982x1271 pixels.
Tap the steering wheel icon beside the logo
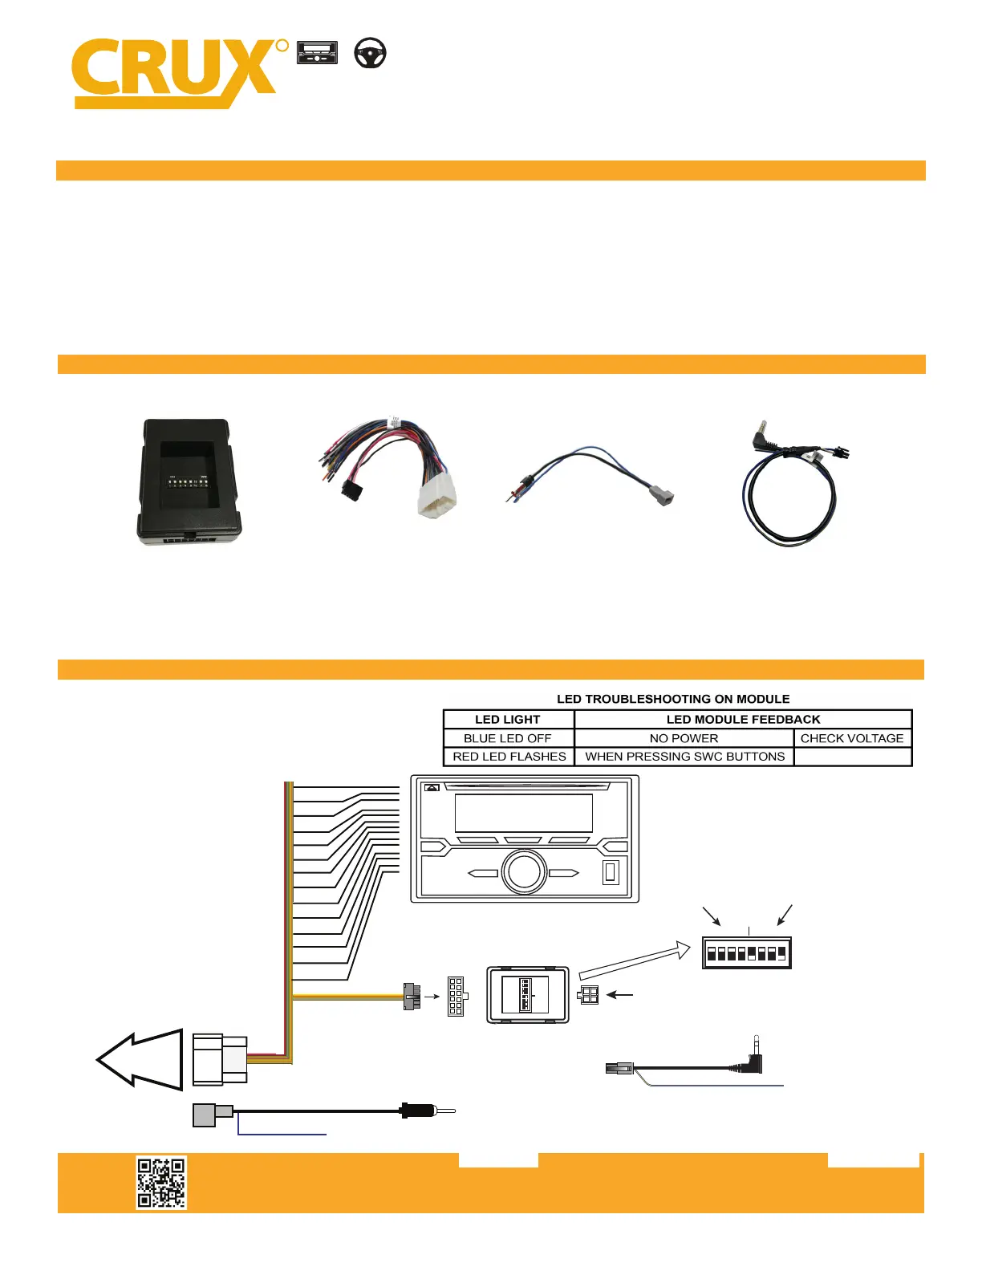[x=371, y=53]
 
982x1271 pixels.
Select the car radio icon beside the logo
[x=317, y=53]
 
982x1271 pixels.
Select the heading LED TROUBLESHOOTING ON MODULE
[x=673, y=699]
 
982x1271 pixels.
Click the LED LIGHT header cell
[x=508, y=720]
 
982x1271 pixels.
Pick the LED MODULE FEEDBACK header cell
[x=743, y=720]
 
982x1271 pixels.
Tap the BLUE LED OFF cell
[x=508, y=738]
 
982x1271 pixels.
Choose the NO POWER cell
[x=684, y=738]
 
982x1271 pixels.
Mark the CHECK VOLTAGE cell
[x=852, y=738]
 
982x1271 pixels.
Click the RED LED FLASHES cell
[x=509, y=757]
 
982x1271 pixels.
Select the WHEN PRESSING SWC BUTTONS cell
[x=684, y=757]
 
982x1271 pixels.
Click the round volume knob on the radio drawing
[x=524, y=872]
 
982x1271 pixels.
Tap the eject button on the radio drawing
[x=432, y=788]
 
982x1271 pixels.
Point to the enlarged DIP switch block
[x=746, y=953]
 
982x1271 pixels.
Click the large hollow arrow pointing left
[x=141, y=1059]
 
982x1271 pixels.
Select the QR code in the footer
[x=161, y=1182]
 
